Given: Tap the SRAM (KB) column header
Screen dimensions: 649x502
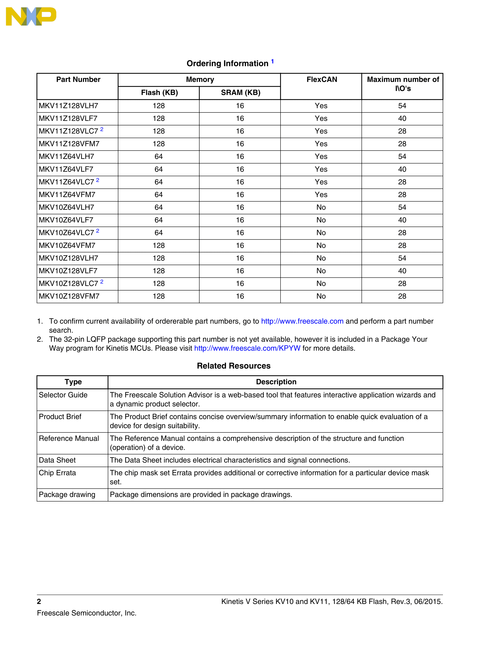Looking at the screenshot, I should coord(240,93).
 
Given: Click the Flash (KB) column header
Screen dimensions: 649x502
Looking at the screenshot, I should coord(159,93).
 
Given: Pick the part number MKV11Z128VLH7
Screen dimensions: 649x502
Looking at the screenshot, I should coord(68,106).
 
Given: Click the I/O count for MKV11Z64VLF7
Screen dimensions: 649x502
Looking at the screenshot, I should coord(402,169).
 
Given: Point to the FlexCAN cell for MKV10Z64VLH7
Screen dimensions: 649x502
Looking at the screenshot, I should coord(321,207).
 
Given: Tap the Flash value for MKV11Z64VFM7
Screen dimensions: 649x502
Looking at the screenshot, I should coord(158,195).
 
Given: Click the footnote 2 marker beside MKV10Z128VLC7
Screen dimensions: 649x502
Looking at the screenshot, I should coord(102,281).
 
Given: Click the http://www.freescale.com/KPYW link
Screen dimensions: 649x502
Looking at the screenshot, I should coord(247,348).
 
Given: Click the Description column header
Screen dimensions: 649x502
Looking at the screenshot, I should coord(276,382).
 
